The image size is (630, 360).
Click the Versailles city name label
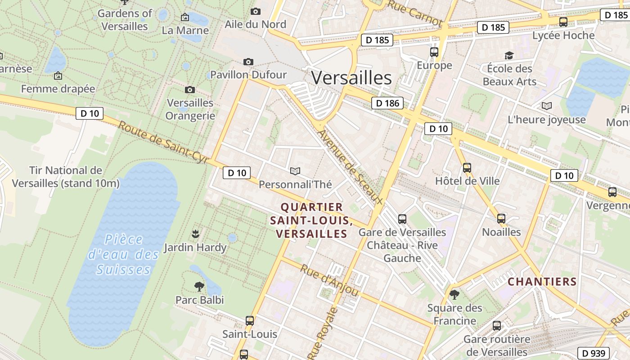tap(351, 78)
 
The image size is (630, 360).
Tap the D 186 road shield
tap(387, 103)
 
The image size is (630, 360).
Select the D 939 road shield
tap(593, 353)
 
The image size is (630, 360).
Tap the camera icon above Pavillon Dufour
tap(248, 62)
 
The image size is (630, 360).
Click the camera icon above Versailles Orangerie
tap(190, 90)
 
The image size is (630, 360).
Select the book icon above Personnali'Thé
tap(295, 171)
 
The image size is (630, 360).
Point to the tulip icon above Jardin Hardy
tap(195, 234)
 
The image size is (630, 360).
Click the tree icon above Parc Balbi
tap(199, 286)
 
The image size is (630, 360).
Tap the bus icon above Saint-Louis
tap(250, 321)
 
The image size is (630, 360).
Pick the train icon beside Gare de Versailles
tap(402, 219)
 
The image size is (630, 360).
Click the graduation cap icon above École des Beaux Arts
tap(509, 55)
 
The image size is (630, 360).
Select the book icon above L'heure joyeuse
tap(547, 106)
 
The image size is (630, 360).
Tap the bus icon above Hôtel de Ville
tap(467, 168)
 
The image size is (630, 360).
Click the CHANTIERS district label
tap(542, 282)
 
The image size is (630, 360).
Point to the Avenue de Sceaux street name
tap(350, 168)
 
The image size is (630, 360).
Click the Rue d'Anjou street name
tap(329, 280)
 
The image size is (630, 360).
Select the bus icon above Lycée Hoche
tap(563, 22)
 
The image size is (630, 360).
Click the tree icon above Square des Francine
tap(454, 295)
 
